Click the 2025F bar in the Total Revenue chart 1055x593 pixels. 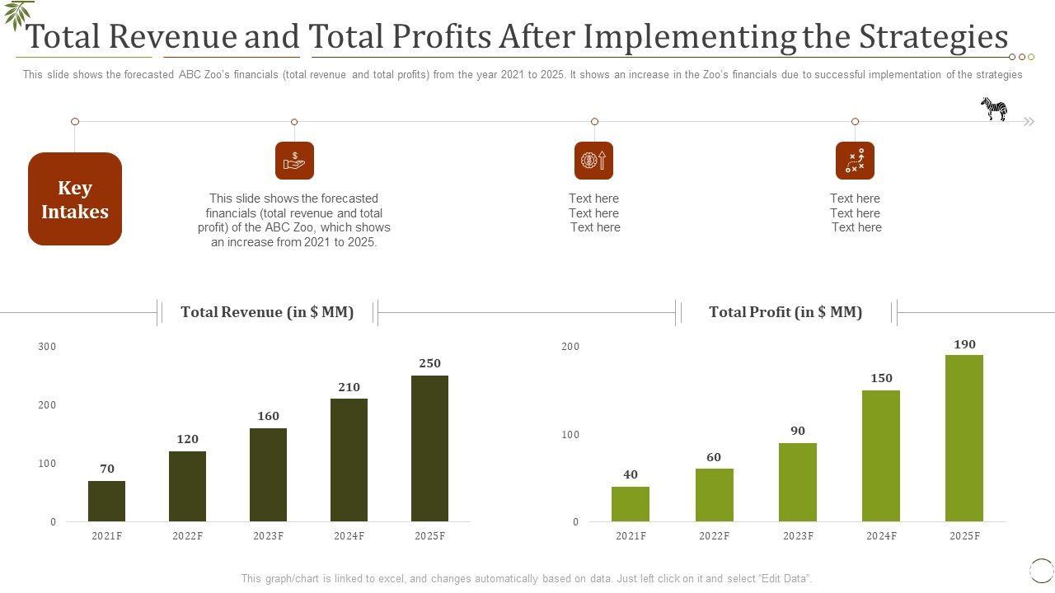pos(429,448)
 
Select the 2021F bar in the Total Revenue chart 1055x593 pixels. pos(106,501)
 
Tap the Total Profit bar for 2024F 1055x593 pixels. pos(881,455)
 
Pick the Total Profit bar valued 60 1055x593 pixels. pos(714,495)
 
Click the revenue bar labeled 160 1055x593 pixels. pos(268,474)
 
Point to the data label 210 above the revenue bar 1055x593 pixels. pos(349,387)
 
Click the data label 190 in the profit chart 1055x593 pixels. pos(964,344)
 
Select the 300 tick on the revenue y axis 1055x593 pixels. pos(47,347)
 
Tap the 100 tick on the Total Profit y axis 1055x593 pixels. pos(570,435)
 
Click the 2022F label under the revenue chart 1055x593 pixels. pos(187,536)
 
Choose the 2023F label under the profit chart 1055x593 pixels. pos(798,536)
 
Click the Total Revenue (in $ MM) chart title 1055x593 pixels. pos(267,312)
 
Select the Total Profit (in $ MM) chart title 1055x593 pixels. pos(785,312)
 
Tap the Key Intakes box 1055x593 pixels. pos(75,199)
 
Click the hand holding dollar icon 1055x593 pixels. pos(294,161)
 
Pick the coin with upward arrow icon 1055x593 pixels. pos(593,161)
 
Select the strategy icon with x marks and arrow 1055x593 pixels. pos(855,161)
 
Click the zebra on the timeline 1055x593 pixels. pos(994,109)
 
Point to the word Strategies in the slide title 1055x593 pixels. pos(934,37)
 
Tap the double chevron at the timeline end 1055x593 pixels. pos(1029,122)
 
